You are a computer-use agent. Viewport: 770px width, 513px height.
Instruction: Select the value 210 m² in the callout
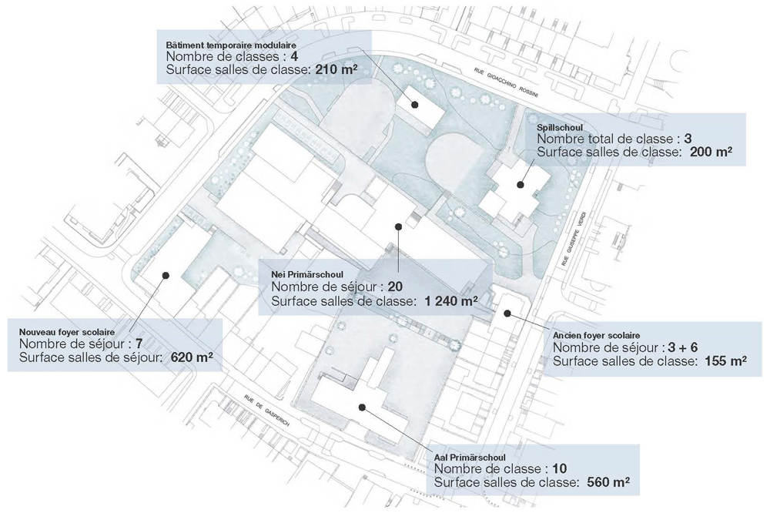pos(339,71)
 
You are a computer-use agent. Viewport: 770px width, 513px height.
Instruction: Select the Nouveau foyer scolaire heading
pos(65,331)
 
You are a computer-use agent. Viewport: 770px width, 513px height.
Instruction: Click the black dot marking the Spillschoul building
pos(521,185)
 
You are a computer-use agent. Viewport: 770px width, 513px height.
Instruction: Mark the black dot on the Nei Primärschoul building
pos(398,226)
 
